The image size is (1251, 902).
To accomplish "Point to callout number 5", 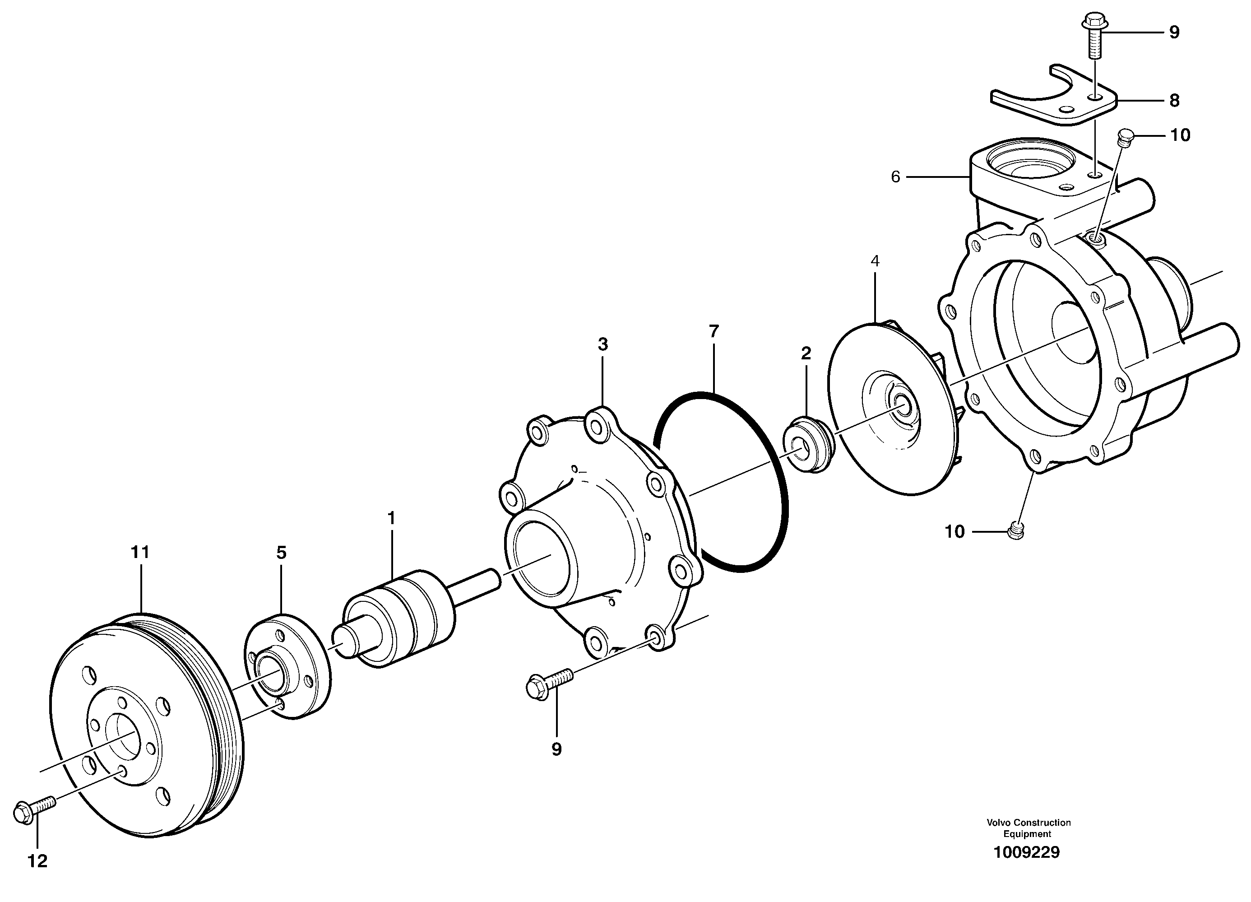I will pos(281,552).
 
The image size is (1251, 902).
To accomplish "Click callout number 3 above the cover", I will pos(603,344).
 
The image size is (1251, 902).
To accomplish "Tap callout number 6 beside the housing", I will pos(895,177).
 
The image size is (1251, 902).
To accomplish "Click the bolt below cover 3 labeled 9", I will pos(549,684).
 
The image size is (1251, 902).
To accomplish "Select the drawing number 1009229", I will pos(1027,852).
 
